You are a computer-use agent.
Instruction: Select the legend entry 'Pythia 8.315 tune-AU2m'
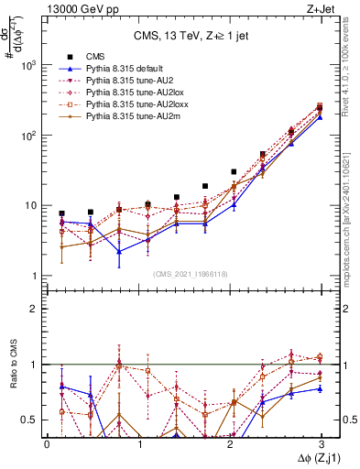(x=125, y=117)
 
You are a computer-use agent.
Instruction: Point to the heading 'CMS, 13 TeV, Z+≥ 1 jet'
(x=191, y=36)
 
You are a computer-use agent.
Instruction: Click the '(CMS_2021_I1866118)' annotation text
(x=191, y=274)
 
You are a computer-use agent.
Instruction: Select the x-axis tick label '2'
(x=230, y=443)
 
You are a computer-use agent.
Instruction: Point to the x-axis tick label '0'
(x=47, y=443)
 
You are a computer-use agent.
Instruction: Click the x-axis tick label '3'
(x=322, y=443)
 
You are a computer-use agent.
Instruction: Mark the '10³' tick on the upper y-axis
(x=29, y=66)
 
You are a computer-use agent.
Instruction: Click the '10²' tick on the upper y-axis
(x=29, y=136)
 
